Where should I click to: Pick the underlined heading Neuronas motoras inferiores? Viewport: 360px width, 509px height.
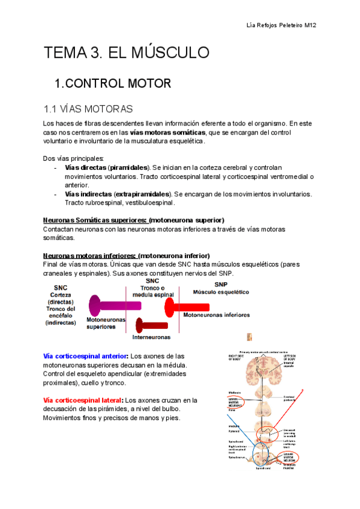tap(89, 255)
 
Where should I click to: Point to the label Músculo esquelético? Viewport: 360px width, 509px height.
tap(220, 292)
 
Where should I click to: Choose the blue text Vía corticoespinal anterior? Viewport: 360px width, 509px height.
tap(86, 356)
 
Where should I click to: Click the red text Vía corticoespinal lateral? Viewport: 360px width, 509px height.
tap(83, 400)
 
